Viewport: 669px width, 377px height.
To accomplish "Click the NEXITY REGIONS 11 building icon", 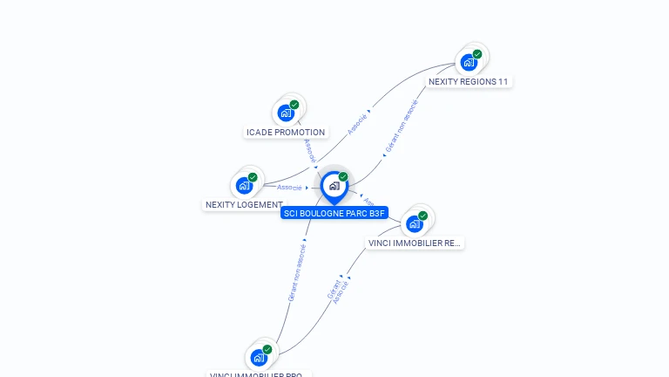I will coord(469,63).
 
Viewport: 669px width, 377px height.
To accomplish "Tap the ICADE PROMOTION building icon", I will coord(286,113).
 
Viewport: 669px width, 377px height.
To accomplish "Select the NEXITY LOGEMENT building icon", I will coord(244,185).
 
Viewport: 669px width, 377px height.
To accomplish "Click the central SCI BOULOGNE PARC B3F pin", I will coord(334,186).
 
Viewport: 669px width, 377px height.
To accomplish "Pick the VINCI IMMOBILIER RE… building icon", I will coord(414,223).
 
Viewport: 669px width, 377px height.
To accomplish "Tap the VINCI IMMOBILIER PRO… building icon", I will coord(259,358).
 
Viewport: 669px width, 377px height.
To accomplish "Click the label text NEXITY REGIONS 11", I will coord(468,81).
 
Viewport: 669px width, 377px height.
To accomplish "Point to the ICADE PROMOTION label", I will coord(286,133).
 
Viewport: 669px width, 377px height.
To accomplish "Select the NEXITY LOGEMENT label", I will coord(244,205).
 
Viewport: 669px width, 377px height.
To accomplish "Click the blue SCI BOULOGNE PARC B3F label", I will coord(334,212).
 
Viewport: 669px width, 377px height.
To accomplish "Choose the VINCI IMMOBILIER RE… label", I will coord(414,243).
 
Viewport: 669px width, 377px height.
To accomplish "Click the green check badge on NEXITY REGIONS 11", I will coord(477,54).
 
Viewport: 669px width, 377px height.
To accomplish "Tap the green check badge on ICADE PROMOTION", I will coord(294,105).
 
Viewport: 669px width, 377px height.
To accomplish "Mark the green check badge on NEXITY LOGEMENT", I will coord(253,177).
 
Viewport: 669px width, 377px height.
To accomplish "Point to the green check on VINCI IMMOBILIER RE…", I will coord(422,216).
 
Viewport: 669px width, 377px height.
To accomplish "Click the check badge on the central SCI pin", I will coord(343,177).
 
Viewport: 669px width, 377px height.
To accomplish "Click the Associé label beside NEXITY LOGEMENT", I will coord(289,188).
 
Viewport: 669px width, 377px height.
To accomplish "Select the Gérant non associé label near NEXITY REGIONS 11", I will coord(402,127).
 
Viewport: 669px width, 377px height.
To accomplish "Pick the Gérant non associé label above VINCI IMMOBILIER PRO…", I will coord(297,273).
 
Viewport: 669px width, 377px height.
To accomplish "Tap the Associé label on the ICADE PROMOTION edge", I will coord(309,150).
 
